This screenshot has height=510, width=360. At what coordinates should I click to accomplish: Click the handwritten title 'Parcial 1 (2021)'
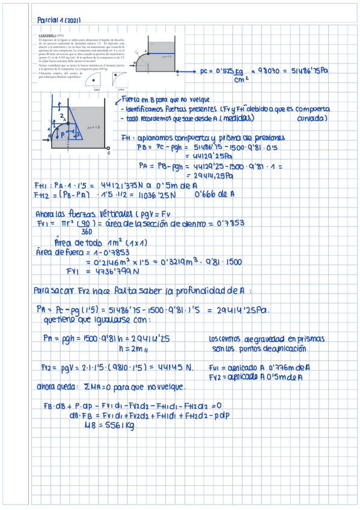[x=59, y=20]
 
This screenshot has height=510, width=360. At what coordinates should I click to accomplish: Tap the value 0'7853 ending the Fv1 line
[x=231, y=223]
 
